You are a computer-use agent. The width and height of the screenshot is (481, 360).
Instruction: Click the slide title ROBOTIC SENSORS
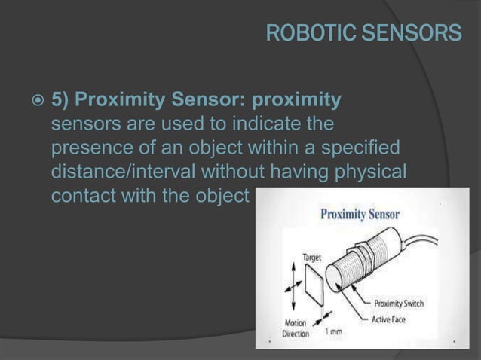pos(363,33)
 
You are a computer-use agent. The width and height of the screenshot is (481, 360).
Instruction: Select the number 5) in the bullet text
pos(60,101)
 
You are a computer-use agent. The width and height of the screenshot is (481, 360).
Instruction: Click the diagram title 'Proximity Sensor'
pos(360,214)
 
